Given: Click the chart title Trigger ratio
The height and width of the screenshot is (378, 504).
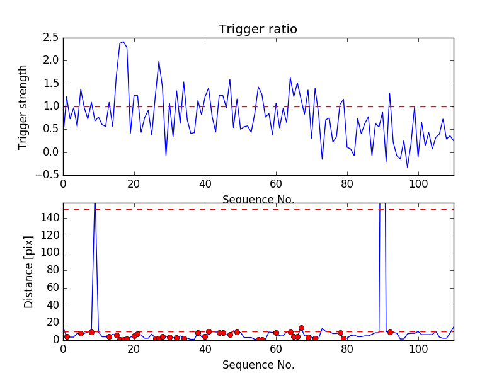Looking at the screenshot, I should point(258,30).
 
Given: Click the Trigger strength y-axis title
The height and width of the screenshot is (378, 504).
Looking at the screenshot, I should point(23,106).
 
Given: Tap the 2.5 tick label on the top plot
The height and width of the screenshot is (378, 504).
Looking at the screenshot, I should point(52,38).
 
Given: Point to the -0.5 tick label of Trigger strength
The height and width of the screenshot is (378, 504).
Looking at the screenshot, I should point(49,175).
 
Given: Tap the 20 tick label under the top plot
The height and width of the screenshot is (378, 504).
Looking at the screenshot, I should point(134,184).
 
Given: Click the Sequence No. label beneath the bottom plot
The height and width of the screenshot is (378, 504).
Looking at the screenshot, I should point(258,365).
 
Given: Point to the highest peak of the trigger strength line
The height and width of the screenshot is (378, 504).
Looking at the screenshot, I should point(123,42).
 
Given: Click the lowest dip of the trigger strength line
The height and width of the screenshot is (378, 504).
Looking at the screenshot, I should point(407,168).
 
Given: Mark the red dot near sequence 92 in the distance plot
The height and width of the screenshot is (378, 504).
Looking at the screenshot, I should point(390,332).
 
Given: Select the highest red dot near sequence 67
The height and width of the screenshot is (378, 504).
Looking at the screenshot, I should point(301,328).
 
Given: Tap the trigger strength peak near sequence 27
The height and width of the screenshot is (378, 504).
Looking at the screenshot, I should point(159,61).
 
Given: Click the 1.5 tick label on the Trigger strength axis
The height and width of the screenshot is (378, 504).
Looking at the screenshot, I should point(52,84).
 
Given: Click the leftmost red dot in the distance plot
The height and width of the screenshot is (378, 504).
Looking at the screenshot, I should point(67,336).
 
